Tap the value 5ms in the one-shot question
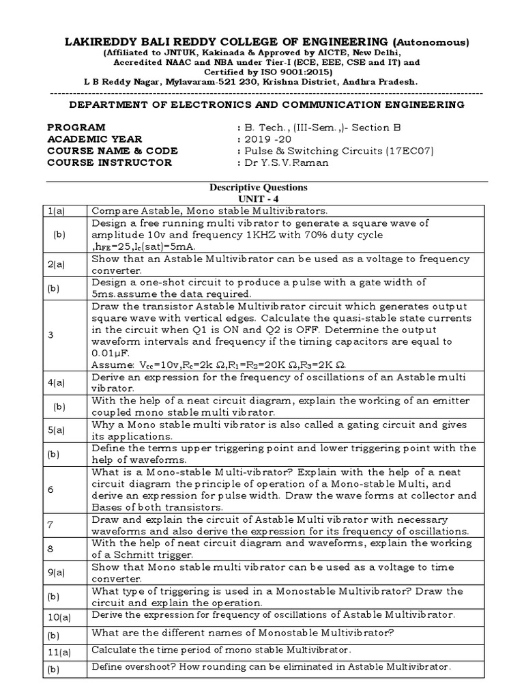click(103, 293)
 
